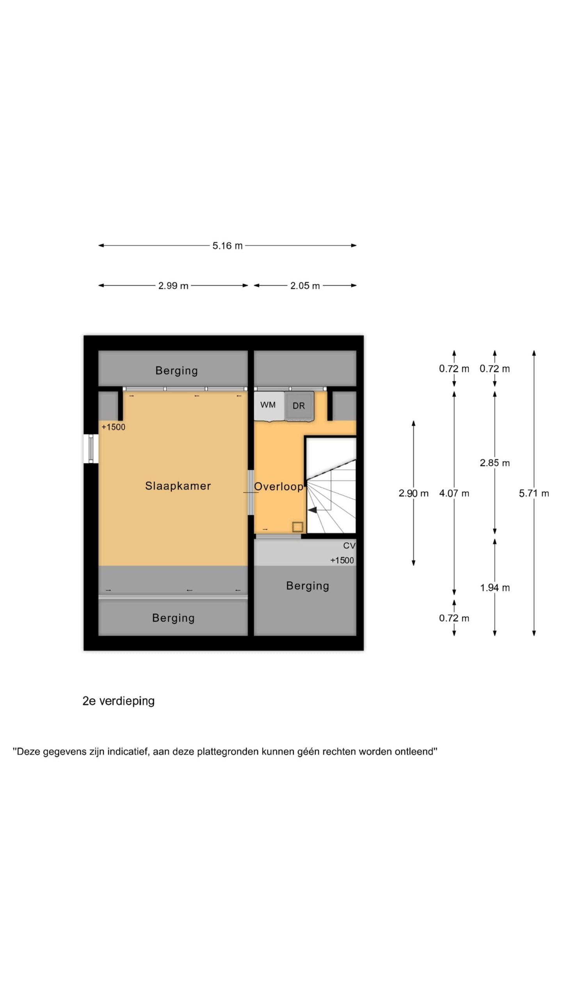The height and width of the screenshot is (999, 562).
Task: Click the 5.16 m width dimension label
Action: (228, 246)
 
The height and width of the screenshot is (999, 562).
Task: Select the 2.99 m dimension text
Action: (173, 286)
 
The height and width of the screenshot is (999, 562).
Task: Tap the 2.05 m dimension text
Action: (305, 286)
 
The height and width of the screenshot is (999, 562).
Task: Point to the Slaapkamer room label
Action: (178, 486)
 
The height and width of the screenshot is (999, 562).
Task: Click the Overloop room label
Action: (279, 487)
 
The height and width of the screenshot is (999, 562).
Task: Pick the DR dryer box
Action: (299, 406)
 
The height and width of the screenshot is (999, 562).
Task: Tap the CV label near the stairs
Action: (349, 546)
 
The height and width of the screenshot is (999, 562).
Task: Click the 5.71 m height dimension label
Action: (534, 493)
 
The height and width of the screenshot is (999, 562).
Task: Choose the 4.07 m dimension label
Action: (454, 493)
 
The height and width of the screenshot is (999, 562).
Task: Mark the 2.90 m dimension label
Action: (414, 493)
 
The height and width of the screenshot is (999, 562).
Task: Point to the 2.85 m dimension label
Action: (495, 463)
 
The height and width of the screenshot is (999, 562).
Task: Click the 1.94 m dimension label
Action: (495, 588)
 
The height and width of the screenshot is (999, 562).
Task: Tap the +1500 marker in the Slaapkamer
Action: (114, 427)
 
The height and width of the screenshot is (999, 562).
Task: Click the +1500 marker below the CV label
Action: (342, 560)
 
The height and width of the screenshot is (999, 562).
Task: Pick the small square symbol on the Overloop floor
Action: (298, 527)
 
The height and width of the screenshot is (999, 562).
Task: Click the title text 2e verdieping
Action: (119, 701)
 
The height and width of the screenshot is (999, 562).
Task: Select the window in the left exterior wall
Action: (91, 449)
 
